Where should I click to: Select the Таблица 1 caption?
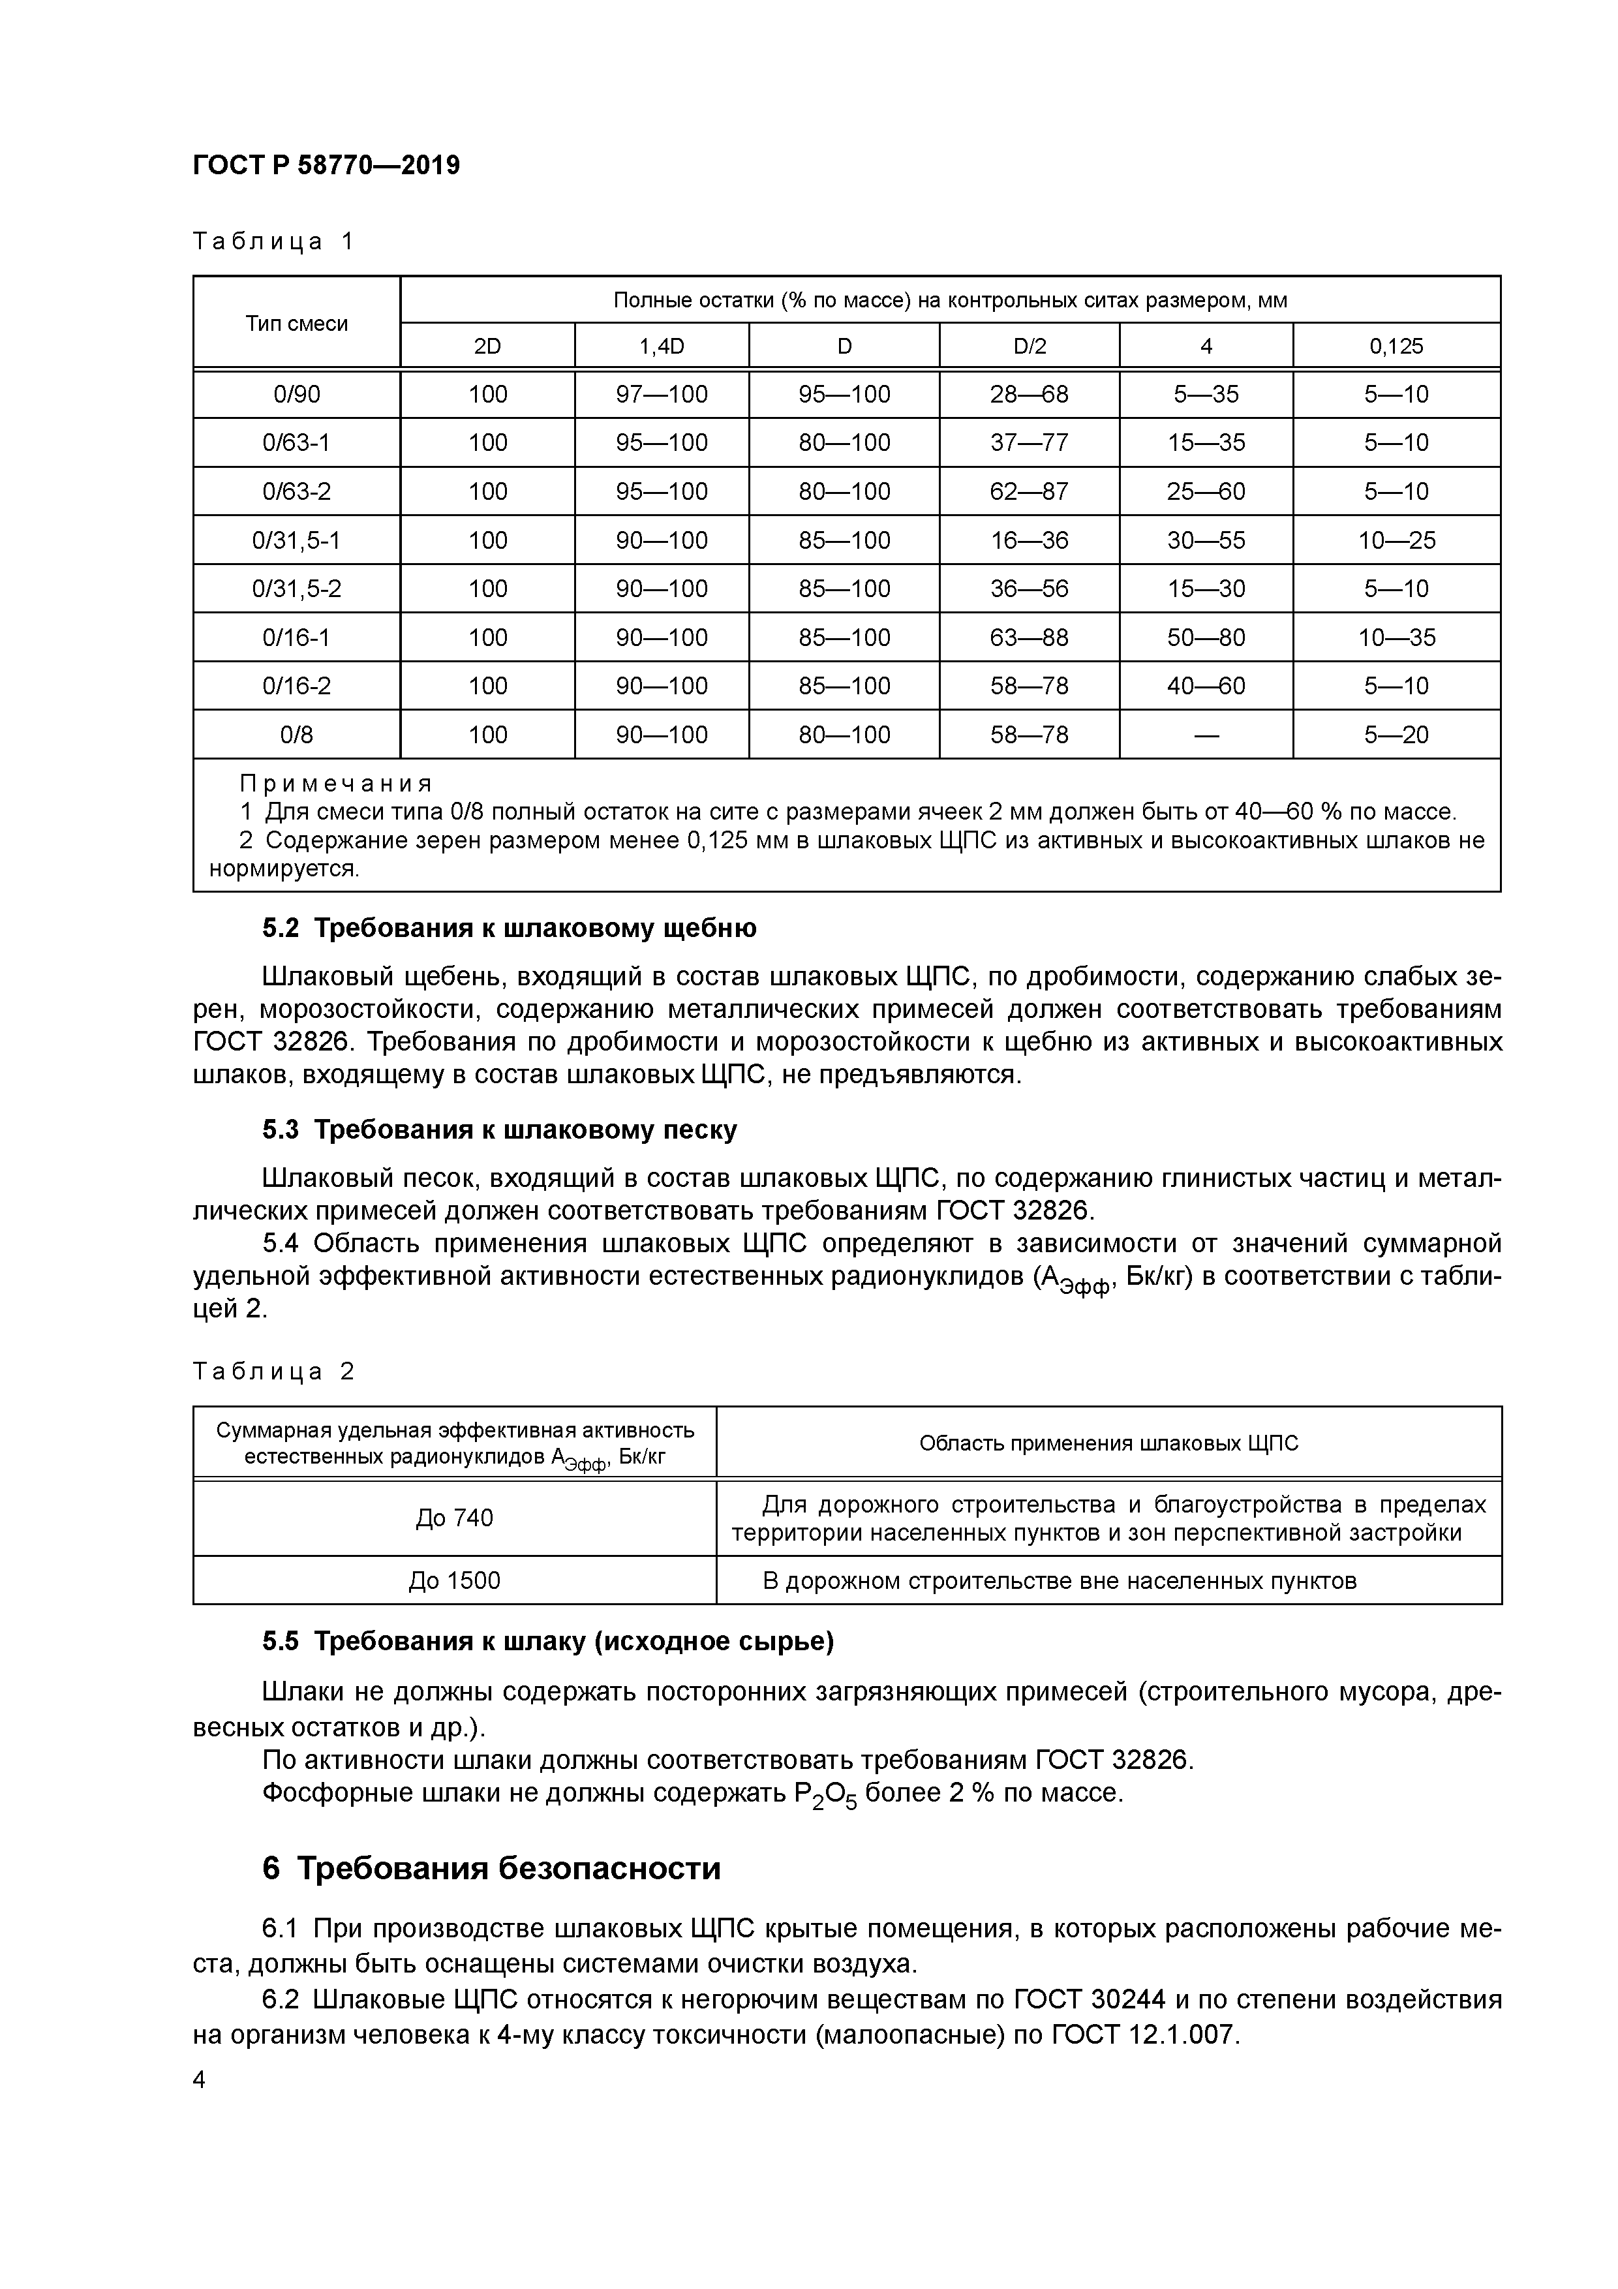273,241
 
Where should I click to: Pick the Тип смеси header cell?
296,323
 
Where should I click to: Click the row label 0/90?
296,395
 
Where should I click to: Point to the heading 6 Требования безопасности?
491,1867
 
